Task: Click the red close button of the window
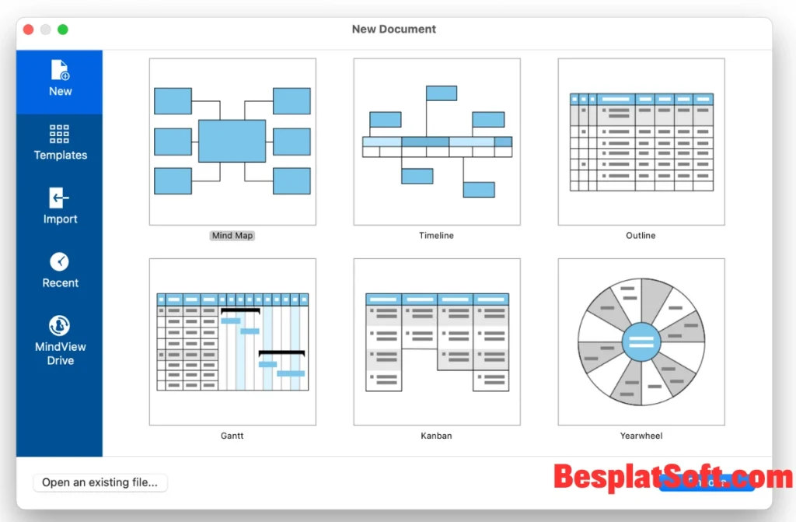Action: (28, 30)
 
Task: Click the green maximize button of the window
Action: (63, 30)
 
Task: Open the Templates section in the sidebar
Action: (60, 143)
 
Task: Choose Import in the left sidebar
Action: (60, 206)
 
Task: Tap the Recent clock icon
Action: (60, 261)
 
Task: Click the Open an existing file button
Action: (99, 482)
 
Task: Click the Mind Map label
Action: (232, 236)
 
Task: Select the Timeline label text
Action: (436, 236)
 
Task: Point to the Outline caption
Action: (641, 236)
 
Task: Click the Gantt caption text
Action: (232, 436)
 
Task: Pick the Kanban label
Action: (436, 436)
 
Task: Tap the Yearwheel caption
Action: (641, 436)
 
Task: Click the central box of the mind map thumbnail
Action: (232, 141)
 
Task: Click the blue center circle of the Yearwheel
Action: (641, 342)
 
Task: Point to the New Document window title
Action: (394, 30)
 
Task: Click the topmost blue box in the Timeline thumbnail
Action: (441, 93)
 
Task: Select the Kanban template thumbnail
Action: (436, 342)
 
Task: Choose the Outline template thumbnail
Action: (641, 142)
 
